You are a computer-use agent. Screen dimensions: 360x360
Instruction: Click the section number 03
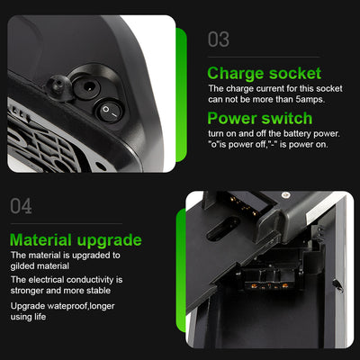pos(219,40)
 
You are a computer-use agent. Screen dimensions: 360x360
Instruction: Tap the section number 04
pos(21,206)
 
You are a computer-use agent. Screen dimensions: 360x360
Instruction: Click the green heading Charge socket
pos(265,73)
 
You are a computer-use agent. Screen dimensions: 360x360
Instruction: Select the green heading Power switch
pos(260,118)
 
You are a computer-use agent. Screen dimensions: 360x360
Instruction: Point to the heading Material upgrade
pos(76,240)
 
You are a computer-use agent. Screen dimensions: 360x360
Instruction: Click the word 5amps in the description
pos(310,99)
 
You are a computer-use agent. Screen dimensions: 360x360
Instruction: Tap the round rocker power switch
pos(109,112)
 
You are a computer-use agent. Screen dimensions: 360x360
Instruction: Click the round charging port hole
pos(86,87)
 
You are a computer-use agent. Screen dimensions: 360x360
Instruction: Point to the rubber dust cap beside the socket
pos(58,87)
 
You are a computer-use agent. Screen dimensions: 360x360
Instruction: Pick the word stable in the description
pos(99,291)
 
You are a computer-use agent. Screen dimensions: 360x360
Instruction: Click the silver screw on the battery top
pos(286,195)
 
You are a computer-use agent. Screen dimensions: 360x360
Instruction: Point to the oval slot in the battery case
pos(223,229)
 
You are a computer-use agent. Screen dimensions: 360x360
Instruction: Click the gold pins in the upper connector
pos(244,205)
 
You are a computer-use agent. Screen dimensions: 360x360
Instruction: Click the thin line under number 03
pos(264,57)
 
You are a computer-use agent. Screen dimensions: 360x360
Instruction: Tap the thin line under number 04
pos(67,223)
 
